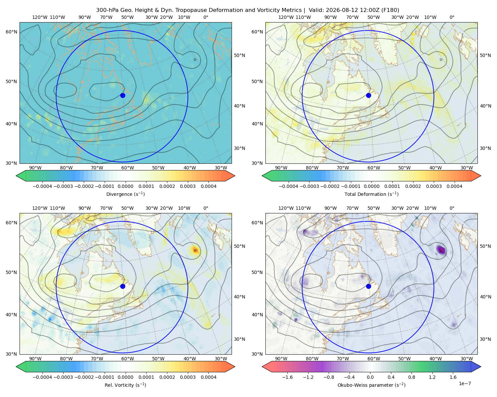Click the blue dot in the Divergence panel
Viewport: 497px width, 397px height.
coord(123,96)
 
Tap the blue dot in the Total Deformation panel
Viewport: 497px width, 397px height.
coord(368,96)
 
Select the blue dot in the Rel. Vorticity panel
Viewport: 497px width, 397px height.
coord(123,286)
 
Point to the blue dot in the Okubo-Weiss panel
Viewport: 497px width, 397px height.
coord(368,286)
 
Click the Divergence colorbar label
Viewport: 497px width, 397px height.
coord(125,194)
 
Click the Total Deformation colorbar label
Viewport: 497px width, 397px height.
coord(371,194)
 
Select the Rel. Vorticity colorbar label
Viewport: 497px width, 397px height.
coord(125,385)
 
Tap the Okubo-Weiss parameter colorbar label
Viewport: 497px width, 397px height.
coord(371,385)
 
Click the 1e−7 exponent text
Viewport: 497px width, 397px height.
coord(465,384)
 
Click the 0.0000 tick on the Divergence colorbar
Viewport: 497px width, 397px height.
coord(125,186)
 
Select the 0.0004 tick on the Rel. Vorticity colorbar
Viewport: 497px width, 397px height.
coord(208,377)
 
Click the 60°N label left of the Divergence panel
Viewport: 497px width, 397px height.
coord(12,32)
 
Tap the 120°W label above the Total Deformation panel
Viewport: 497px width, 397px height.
coord(286,17)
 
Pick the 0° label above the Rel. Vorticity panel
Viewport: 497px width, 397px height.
coord(206,208)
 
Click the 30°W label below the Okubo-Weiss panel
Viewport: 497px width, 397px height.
coord(467,359)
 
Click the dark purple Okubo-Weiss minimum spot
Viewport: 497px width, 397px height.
coord(441,250)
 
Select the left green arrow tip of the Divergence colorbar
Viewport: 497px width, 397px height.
coord(16,176)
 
